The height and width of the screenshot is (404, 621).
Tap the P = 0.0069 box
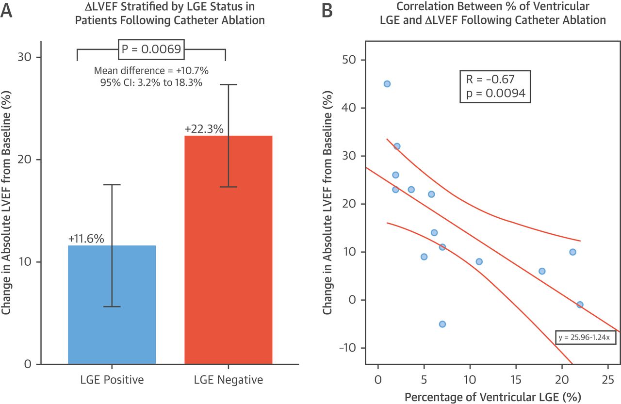click(151, 48)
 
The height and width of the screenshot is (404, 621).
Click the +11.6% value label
click(86, 239)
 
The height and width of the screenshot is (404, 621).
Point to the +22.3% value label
click(204, 129)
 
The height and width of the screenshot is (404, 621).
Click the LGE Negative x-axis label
click(229, 380)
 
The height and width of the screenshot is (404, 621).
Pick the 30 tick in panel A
click(27, 57)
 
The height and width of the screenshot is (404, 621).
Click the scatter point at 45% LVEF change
click(387, 84)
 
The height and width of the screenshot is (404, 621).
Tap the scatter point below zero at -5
click(442, 324)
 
